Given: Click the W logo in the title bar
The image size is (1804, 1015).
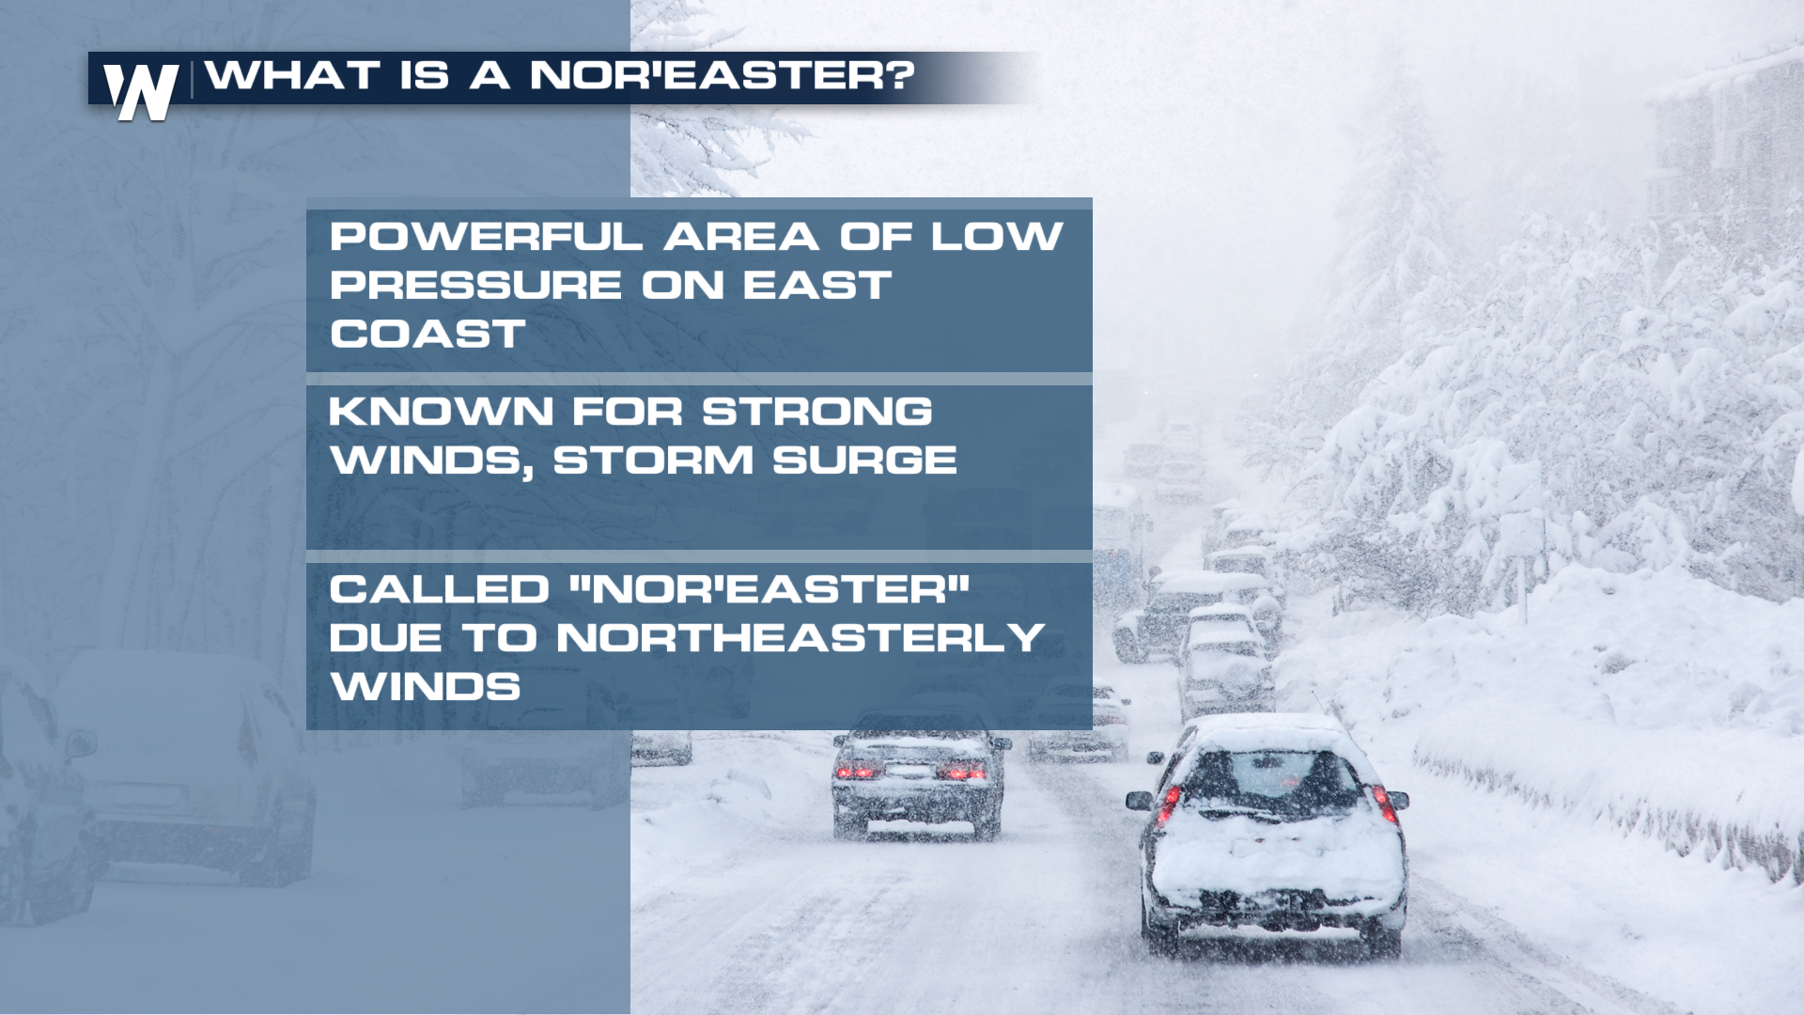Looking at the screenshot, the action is click(141, 91).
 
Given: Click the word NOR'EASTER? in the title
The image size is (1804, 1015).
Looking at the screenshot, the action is click(722, 75).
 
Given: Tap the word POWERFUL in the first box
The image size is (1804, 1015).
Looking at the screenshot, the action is click(486, 236).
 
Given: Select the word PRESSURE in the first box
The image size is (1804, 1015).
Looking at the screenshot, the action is click(475, 285).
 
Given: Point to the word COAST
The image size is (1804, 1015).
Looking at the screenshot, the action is click(428, 334).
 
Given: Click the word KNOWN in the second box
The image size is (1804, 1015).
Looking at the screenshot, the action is click(441, 411).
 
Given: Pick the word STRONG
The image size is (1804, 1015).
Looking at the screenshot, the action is click(817, 411).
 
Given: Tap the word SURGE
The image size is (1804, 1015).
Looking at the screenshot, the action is click(864, 460).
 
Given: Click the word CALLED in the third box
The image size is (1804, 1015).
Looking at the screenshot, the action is click(439, 589).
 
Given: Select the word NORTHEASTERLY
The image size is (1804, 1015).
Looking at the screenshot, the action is click(801, 638).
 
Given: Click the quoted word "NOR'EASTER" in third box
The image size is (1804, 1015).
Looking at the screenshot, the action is click(770, 589).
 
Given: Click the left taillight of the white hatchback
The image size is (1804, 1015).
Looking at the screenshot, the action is click(1171, 804).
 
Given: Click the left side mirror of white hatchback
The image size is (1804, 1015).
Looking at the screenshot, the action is click(1139, 800).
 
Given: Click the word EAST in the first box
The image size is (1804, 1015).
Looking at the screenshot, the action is click(817, 285).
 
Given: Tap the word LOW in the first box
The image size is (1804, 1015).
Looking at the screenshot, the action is click(997, 236).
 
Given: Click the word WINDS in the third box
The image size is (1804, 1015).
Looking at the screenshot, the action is click(426, 687).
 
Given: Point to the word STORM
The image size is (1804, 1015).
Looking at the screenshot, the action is click(653, 460).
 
